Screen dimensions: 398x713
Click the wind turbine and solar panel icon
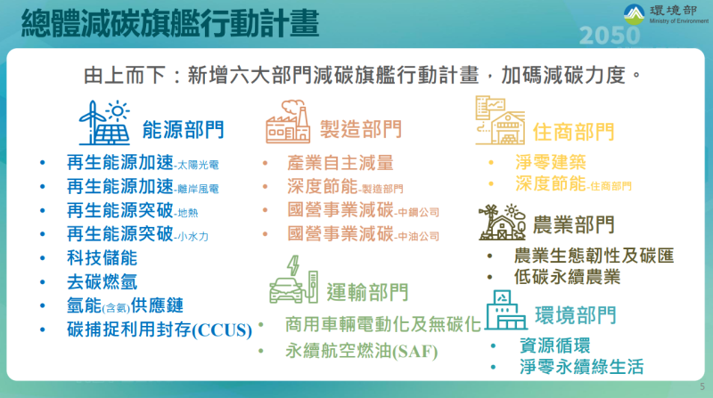106,124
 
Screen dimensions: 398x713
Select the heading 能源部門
183,131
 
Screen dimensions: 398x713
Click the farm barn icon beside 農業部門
502,223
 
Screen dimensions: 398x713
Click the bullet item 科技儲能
102,258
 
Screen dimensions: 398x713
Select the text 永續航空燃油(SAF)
361,350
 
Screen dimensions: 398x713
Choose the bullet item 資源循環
553,345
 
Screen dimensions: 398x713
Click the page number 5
701,386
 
